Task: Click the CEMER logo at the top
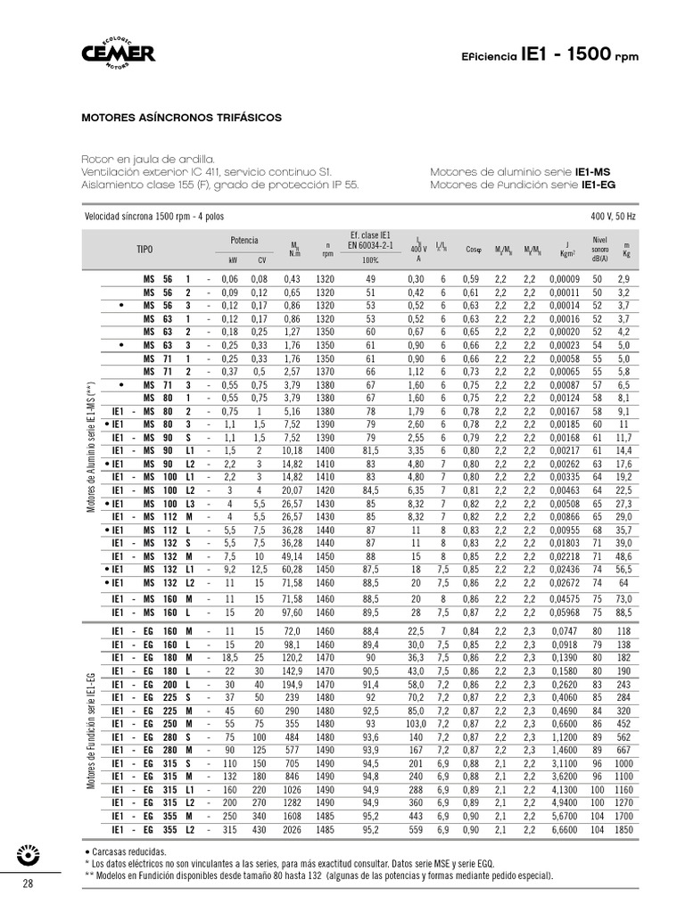[119, 53]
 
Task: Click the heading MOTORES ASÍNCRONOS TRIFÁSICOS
[182, 117]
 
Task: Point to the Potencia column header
[243, 241]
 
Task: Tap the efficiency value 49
[372, 280]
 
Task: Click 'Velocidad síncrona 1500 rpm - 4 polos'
[153, 217]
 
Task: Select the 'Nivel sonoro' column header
[599, 246]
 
